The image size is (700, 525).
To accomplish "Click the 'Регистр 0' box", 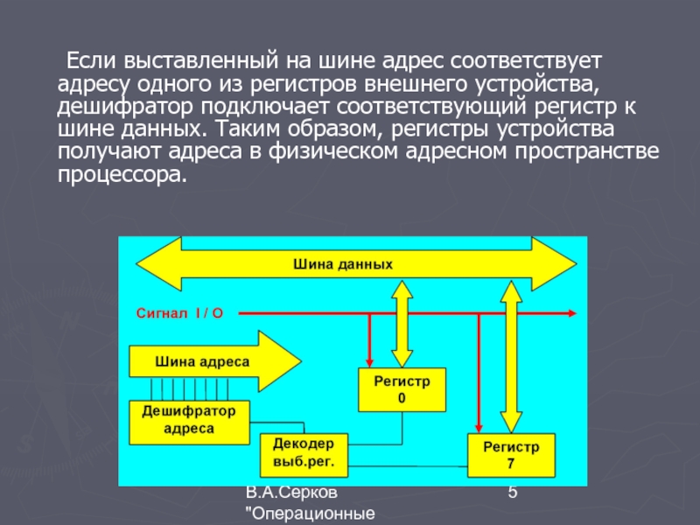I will (402, 389).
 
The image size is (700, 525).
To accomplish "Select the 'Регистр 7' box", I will (512, 454).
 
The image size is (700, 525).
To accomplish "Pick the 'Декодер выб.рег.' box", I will (304, 452).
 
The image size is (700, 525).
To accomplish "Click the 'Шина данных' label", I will (342, 263).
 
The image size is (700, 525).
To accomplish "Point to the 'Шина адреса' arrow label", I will (202, 360).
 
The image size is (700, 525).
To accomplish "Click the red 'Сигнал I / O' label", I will (179, 312).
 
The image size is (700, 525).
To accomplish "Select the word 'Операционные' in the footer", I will (313, 514).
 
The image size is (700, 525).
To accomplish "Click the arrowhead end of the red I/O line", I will (571, 312).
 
